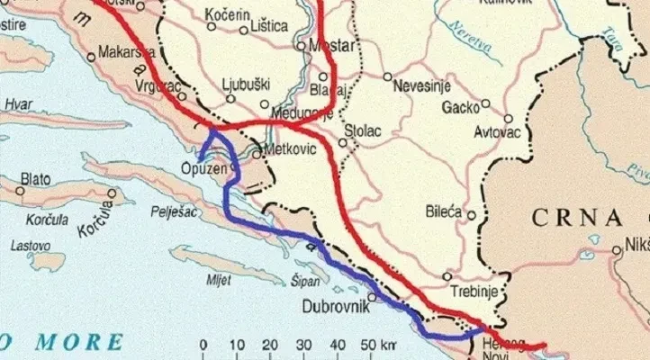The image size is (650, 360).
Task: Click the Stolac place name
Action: tap(364, 131)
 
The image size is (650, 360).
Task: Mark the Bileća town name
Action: tap(444, 212)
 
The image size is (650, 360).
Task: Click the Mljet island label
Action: tap(219, 279)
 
